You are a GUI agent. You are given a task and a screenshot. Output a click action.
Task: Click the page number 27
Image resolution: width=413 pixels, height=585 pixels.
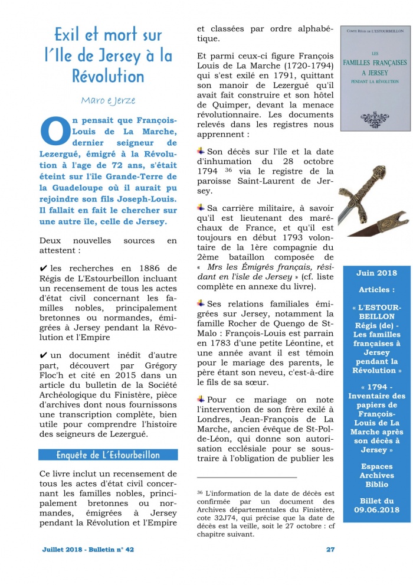pyautogui.click(x=330, y=549)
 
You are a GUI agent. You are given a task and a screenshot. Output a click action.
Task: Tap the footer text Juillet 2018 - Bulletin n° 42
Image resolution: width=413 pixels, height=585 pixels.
pyautogui.click(x=88, y=549)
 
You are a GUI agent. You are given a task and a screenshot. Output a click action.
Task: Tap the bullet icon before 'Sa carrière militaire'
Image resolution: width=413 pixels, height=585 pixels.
pyautogui.click(x=201, y=208)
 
